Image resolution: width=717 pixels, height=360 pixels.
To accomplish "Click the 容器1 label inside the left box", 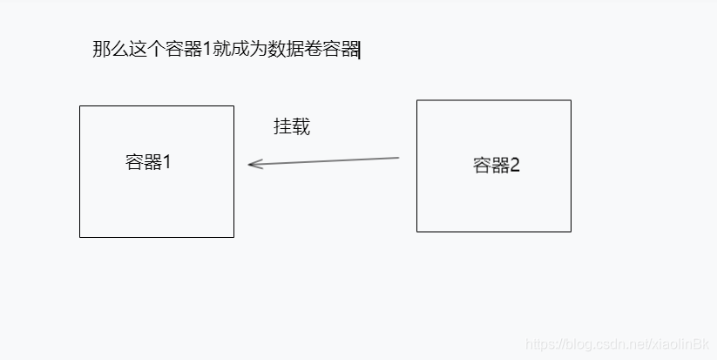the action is (x=148, y=162).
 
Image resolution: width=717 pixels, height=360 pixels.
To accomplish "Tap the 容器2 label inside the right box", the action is (x=497, y=166).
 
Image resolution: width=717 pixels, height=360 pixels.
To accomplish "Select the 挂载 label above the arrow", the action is (x=292, y=127).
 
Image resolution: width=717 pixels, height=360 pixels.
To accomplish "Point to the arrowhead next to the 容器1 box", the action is (x=250, y=164).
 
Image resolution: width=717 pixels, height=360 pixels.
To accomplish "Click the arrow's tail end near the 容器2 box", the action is (x=398, y=158).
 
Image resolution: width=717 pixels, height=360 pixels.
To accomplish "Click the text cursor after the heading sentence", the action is (x=360, y=50).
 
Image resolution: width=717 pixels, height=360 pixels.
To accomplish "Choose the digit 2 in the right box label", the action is (x=515, y=166).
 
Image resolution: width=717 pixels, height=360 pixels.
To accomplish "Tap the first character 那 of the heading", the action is (x=101, y=49).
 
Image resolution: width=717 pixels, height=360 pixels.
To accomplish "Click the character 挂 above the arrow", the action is (x=282, y=127).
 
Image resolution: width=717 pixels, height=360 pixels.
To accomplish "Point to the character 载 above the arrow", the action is (x=301, y=127).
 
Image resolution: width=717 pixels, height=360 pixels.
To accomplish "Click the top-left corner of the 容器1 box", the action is (x=80, y=106).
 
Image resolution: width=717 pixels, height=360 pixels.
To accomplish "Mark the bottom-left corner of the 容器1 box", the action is (x=80, y=236).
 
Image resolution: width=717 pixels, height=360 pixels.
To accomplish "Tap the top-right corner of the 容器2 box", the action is (x=571, y=100).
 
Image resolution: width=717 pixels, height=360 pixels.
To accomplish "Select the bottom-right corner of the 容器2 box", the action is (x=571, y=232).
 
